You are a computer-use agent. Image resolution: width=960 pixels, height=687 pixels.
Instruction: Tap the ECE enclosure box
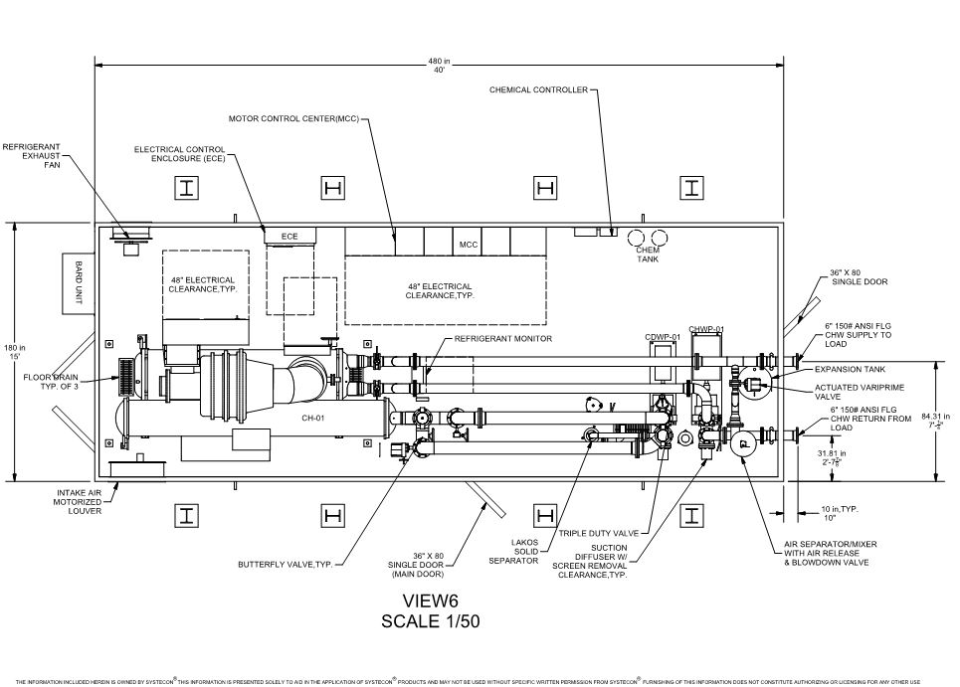coord(289,237)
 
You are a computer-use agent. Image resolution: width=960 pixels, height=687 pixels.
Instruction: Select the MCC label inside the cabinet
coord(469,243)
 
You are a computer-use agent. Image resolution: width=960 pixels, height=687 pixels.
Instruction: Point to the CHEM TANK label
coord(648,256)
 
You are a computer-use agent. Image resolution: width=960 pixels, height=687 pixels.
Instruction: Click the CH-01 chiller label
coord(314,419)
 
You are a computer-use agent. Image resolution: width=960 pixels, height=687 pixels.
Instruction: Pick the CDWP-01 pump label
coord(662,337)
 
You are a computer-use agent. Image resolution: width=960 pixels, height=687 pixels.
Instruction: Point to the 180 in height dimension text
coord(13,351)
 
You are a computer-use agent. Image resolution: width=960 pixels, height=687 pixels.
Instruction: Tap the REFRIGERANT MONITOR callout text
coord(502,339)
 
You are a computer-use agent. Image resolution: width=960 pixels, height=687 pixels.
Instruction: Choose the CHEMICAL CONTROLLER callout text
coord(538,89)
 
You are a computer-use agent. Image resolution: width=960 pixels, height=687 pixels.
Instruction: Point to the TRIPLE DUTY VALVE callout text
coord(599,533)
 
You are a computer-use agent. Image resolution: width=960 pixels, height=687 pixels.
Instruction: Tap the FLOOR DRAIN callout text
coord(50,382)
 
